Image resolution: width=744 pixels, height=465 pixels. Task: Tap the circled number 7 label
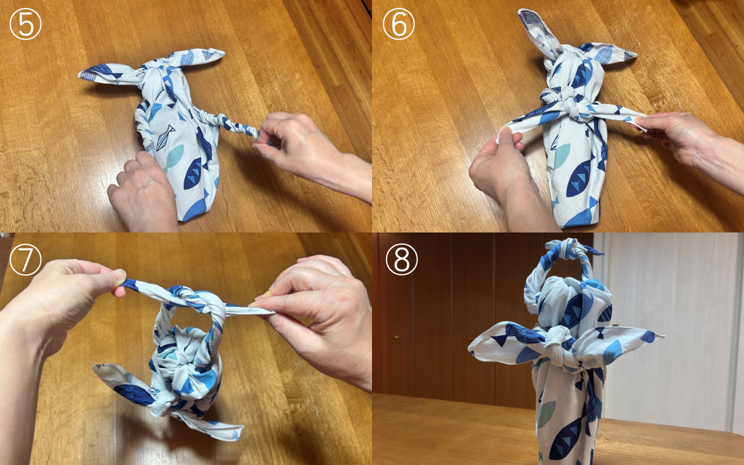26,260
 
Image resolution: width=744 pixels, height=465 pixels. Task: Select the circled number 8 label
402,260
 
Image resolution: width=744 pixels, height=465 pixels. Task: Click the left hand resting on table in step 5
142,192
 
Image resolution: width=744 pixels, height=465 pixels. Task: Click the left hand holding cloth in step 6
500,169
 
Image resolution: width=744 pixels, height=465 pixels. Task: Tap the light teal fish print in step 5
174,156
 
